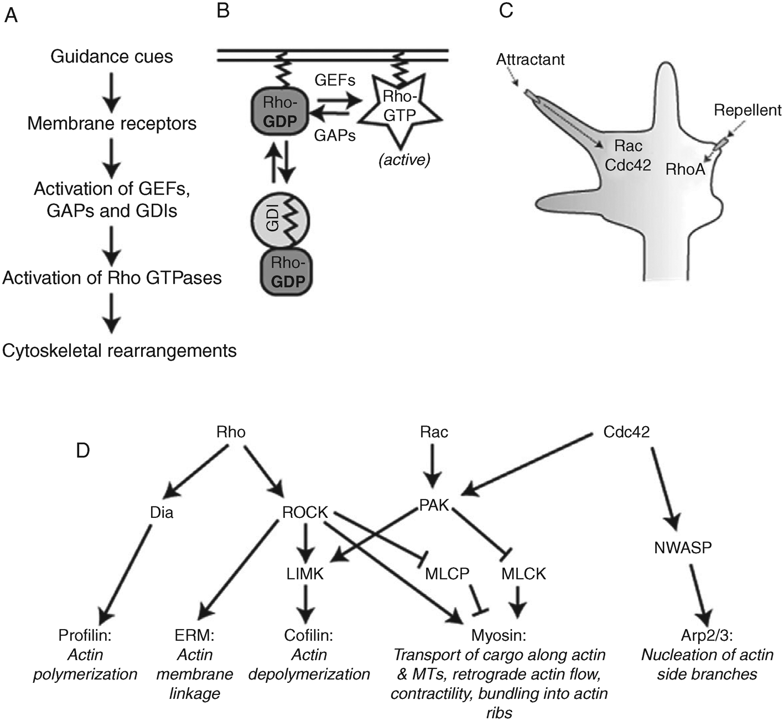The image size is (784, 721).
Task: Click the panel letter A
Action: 11,15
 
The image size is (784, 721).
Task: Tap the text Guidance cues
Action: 112,56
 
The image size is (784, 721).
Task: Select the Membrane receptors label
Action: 112,123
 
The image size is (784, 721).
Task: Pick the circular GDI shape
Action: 279,221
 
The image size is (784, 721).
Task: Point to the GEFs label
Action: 335,80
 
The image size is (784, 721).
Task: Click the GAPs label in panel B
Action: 335,135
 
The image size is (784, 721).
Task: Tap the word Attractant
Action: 530,59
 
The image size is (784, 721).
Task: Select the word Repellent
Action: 747,110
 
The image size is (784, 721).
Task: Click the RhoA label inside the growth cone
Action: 685,169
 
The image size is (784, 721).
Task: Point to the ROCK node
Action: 305,512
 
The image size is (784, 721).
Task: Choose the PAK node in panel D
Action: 434,505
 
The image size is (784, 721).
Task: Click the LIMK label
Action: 305,574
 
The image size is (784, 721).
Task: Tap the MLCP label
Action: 447,574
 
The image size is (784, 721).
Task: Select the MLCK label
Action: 523,574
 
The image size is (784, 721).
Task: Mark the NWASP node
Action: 683,548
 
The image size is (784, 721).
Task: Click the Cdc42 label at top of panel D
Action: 626,432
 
